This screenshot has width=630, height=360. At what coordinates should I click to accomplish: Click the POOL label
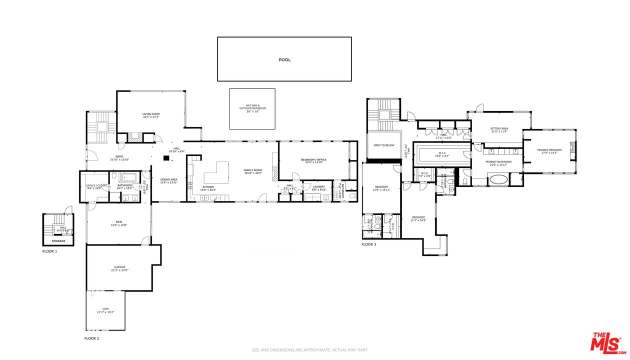[284, 59]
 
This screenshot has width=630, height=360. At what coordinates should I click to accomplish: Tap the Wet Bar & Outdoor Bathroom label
[252, 106]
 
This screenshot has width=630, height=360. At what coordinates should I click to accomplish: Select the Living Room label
[150, 114]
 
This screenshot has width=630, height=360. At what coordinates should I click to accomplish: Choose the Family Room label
[253, 170]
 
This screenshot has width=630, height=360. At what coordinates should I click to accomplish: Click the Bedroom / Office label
[313, 159]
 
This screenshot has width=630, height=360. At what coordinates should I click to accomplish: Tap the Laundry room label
[318, 186]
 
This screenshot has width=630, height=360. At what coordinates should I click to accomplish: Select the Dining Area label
[168, 179]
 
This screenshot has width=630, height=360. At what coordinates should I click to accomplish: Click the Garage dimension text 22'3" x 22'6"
[119, 270]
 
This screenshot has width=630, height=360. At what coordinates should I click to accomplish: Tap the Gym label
[105, 309]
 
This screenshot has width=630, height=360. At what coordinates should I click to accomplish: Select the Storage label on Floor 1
[58, 241]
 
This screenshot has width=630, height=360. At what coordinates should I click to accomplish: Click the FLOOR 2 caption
[91, 338]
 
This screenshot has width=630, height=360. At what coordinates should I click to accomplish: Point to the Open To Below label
[384, 145]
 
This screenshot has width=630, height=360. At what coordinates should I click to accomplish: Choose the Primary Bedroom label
[549, 150]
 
